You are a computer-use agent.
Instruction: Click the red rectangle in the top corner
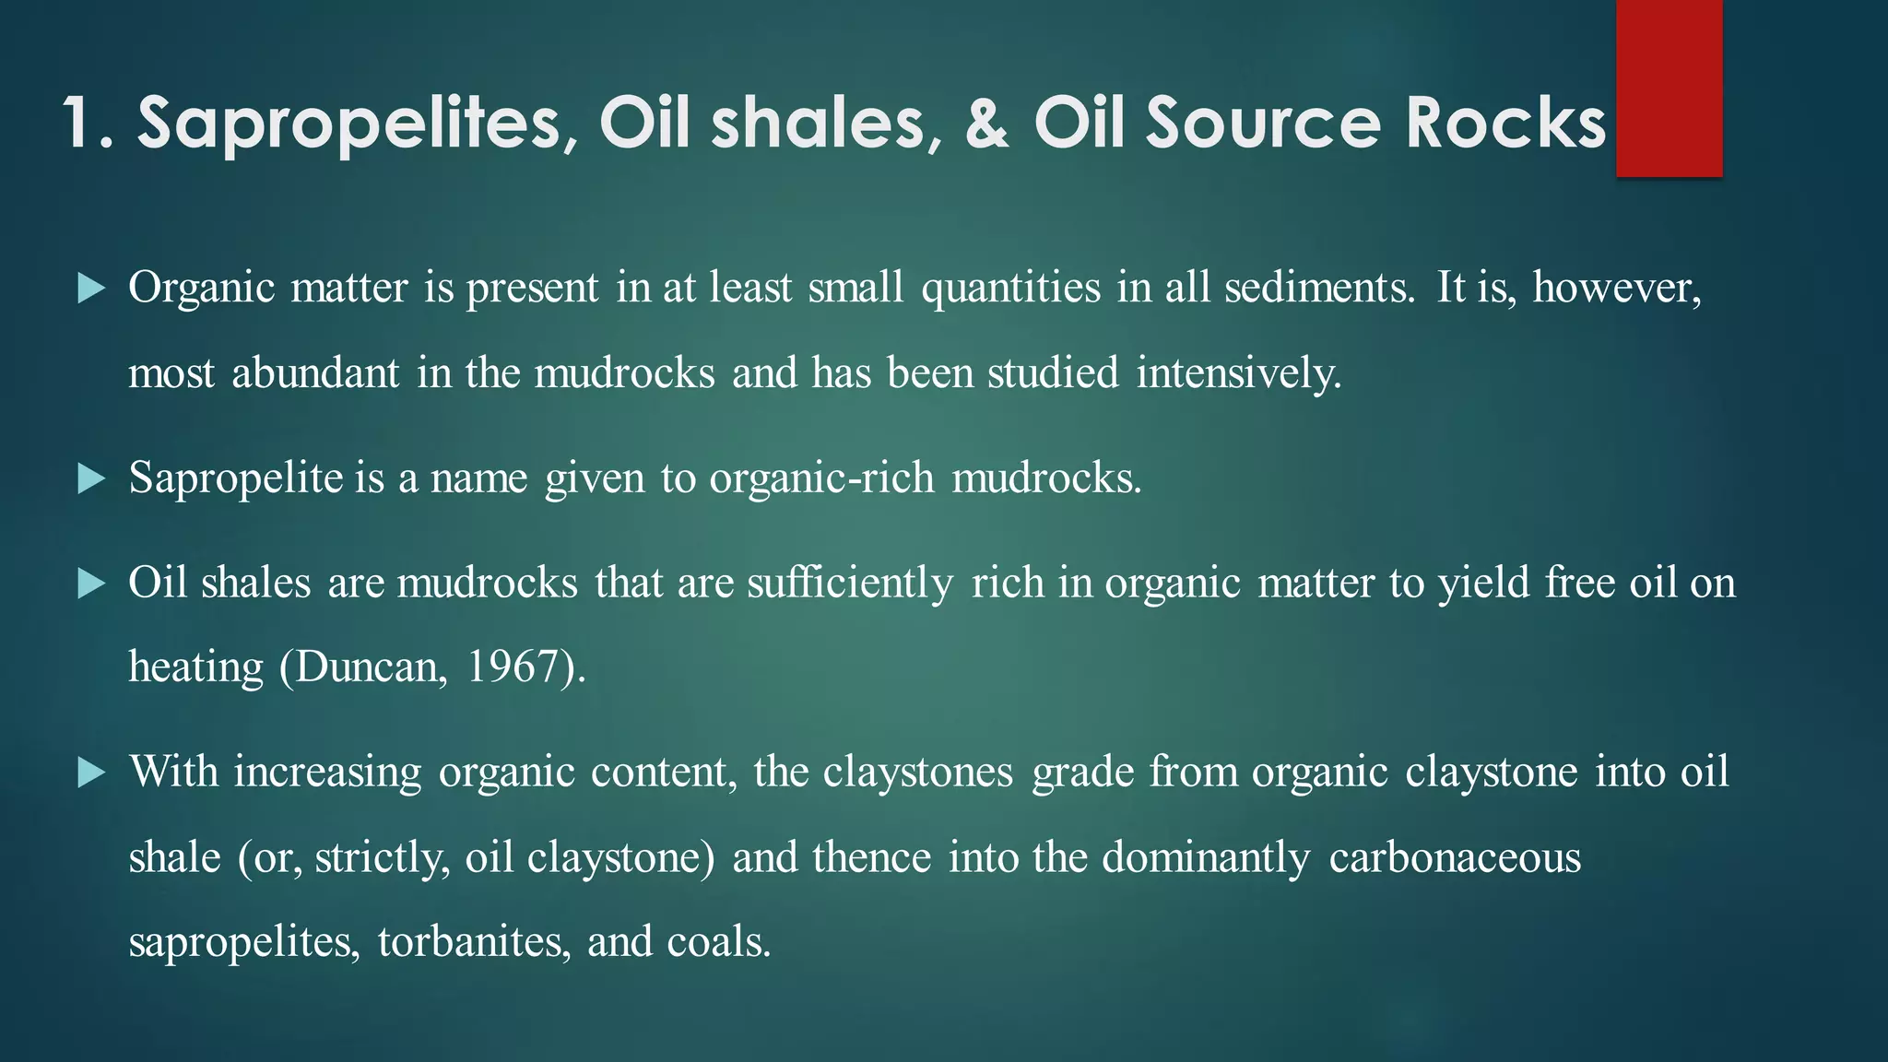click(x=1669, y=88)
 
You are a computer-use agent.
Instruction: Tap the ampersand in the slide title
click(x=987, y=123)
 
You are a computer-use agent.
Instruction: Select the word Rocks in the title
click(x=1505, y=123)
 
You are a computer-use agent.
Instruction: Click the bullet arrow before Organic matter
click(x=91, y=289)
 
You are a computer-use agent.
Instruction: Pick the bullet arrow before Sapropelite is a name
click(x=91, y=478)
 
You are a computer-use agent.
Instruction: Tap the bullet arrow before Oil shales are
click(x=91, y=584)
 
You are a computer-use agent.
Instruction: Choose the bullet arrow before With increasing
click(x=91, y=773)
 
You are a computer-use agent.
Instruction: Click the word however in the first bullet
click(x=1615, y=288)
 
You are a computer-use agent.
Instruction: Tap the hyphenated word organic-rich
click(x=821, y=478)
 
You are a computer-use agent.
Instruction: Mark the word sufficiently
click(x=850, y=584)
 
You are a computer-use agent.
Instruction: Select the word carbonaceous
click(x=1455, y=857)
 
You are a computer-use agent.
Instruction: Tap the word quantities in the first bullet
click(x=1010, y=288)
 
